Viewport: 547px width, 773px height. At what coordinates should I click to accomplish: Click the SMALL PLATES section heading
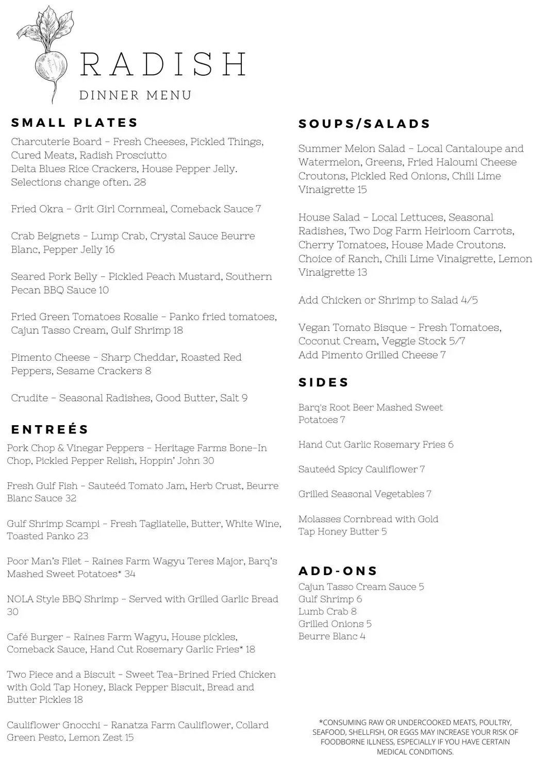(x=75, y=123)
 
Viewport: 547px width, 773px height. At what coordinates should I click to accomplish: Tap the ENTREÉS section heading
(x=50, y=430)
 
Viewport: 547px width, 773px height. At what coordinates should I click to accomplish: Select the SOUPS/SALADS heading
(x=364, y=124)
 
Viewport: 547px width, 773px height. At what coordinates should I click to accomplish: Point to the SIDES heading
(x=324, y=383)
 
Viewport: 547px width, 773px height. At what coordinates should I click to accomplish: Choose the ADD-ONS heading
(x=338, y=571)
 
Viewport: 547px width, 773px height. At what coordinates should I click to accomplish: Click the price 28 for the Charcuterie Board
(x=140, y=182)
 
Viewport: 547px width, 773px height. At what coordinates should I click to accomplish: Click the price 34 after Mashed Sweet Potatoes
(x=129, y=574)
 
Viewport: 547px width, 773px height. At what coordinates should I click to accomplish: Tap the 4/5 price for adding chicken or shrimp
(x=470, y=300)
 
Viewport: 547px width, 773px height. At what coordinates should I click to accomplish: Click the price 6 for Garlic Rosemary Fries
(x=451, y=445)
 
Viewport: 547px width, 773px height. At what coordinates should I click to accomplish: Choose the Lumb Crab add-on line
(x=327, y=612)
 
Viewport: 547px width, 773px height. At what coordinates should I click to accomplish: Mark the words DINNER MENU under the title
(x=136, y=96)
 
